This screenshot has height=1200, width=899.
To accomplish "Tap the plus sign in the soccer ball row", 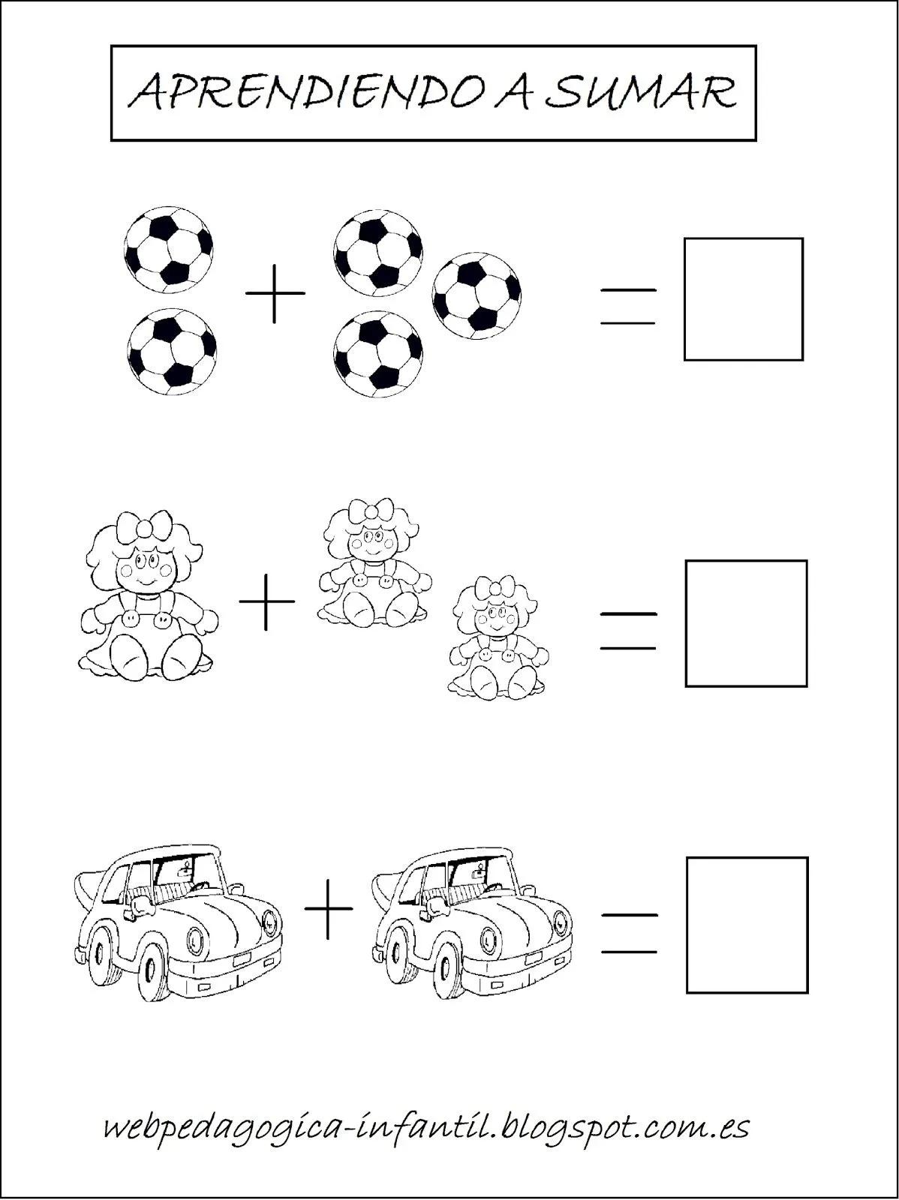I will coord(275,292).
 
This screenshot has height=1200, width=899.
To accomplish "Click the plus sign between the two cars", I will coord(328,908).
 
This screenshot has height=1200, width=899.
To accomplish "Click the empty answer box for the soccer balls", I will coord(743,298).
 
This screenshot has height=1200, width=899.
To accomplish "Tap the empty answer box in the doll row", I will coord(746,622).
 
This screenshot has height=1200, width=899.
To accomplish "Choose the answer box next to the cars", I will coord(747,925).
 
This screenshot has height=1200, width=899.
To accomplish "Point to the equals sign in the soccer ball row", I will coord(627,306).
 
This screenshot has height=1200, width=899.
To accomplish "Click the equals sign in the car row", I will coord(630,933).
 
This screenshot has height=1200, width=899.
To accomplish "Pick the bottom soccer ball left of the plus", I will coord(172,350).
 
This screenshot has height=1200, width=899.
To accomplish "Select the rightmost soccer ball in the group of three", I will coord(477,296).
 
